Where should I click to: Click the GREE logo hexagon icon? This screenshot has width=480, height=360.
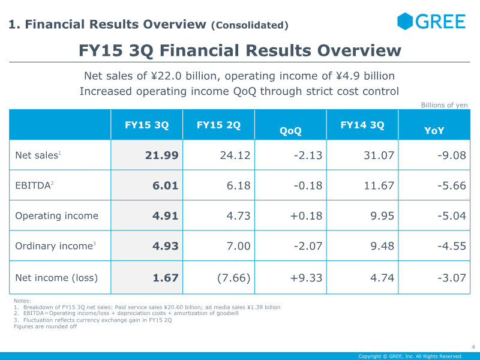click(x=405, y=21)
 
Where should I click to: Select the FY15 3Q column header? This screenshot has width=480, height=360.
click(x=146, y=125)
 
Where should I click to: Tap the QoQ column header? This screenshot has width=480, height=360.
click(x=290, y=131)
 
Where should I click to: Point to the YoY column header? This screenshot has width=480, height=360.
click(x=434, y=131)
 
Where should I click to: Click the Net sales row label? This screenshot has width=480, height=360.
click(x=38, y=155)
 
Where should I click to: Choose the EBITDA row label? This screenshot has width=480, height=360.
click(x=34, y=185)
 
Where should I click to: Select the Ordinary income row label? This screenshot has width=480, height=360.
click(x=55, y=246)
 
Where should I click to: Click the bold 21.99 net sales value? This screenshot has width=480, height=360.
click(x=161, y=155)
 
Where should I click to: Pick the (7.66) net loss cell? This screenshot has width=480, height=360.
click(x=233, y=278)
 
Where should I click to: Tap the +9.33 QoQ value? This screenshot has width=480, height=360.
click(x=306, y=278)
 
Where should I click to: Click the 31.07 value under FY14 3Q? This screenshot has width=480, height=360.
click(x=379, y=155)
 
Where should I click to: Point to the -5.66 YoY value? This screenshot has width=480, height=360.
click(x=452, y=185)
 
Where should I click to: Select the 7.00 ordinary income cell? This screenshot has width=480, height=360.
click(x=238, y=246)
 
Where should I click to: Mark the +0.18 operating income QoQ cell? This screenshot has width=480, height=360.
click(x=306, y=216)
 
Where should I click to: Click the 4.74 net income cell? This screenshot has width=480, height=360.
click(x=382, y=278)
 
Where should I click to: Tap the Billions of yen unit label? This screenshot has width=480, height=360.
click(x=444, y=106)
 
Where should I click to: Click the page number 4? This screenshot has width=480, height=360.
click(x=473, y=347)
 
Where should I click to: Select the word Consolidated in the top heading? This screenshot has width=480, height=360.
click(x=250, y=25)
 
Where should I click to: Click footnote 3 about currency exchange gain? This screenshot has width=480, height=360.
click(x=93, y=320)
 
